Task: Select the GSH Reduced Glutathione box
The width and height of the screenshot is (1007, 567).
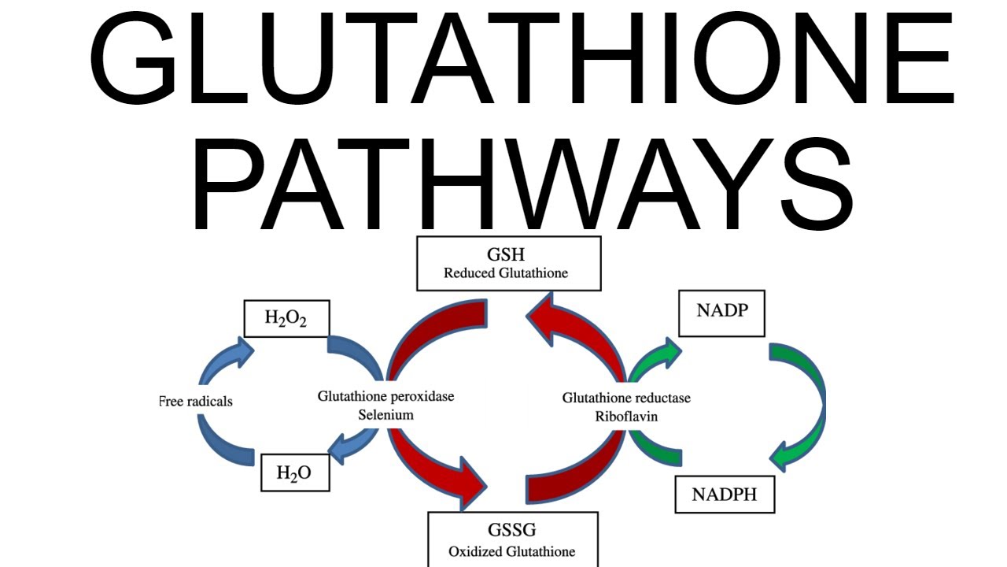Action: tap(508, 263)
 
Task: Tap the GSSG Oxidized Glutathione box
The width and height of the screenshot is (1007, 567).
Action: tap(512, 539)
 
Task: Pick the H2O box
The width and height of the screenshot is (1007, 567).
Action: tap(294, 472)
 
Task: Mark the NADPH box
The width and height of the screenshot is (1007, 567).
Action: tap(724, 494)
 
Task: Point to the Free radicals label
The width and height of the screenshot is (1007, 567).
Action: tap(196, 402)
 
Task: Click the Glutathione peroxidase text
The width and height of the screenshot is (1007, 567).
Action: tap(385, 396)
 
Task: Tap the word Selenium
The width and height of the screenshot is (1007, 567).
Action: tap(385, 414)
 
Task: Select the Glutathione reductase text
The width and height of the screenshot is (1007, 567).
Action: tap(626, 398)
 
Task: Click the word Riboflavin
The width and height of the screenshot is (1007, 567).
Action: tap(626, 416)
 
